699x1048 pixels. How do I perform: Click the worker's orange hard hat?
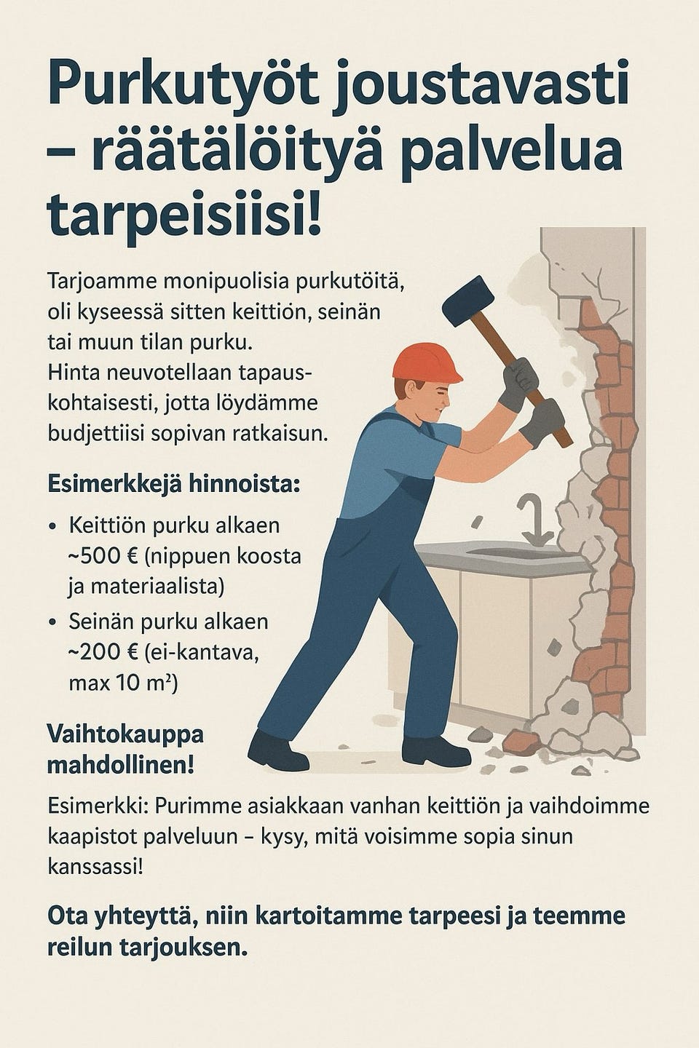point(426,362)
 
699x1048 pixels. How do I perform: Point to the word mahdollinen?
point(121,766)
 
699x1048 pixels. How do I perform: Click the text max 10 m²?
point(123,684)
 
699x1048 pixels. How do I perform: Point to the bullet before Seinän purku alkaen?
point(53,623)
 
